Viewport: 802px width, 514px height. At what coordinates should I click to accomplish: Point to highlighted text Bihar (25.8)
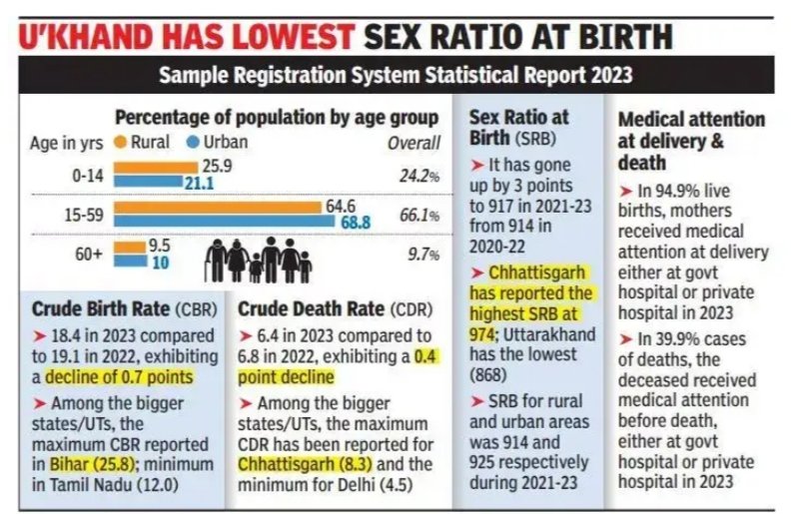(86, 463)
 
